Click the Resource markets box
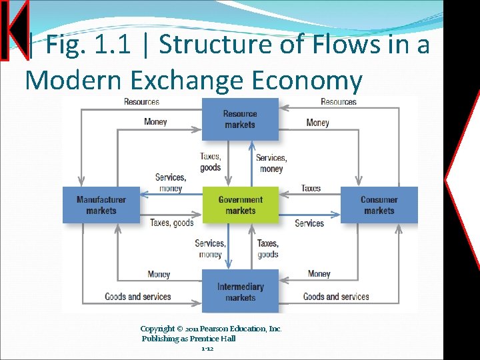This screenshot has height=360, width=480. (x=240, y=119)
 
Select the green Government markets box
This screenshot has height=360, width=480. (x=240, y=205)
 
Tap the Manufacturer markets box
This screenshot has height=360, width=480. (x=101, y=205)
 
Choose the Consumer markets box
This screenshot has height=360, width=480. (x=379, y=205)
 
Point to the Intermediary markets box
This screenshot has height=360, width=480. (x=240, y=291)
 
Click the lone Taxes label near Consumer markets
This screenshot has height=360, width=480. (x=311, y=188)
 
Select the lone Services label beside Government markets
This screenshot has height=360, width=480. (x=309, y=223)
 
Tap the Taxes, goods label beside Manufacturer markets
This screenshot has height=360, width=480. (x=171, y=223)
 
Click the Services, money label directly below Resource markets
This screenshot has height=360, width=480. (x=271, y=163)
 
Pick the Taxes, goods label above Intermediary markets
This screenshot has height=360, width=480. (x=267, y=249)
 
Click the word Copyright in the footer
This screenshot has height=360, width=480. (x=157, y=329)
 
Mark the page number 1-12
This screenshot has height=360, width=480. (x=207, y=349)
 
